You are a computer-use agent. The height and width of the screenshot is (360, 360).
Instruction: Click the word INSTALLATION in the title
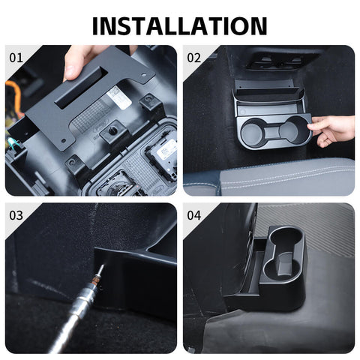pos(179,25)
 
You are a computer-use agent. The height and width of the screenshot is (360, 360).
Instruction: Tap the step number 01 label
pos(16,57)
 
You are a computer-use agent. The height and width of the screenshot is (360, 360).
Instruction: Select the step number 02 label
pos(193,57)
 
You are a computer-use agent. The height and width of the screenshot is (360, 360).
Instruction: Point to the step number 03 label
pos(16,214)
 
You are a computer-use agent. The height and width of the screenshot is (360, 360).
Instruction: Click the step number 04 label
pos(193,214)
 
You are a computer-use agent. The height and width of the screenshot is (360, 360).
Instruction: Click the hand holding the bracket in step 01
pos(82,60)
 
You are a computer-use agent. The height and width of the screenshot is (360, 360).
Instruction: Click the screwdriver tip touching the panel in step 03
pos(98,268)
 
